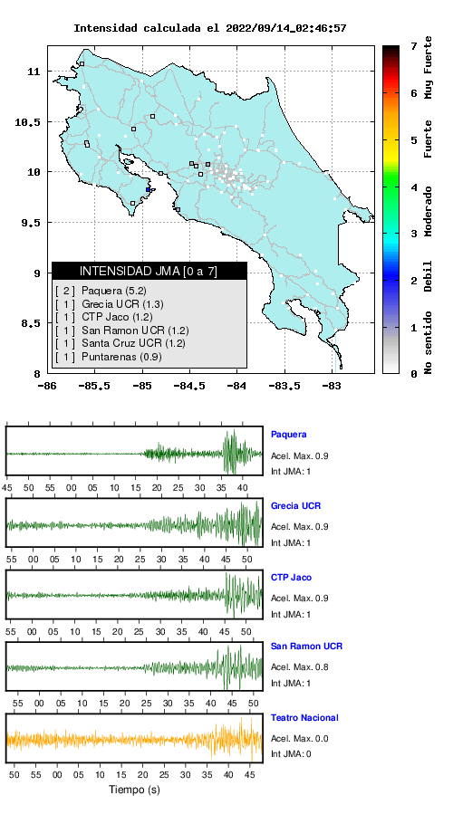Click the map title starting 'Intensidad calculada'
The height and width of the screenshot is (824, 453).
tap(209, 28)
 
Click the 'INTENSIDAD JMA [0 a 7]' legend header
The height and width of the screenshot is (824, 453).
tap(149, 271)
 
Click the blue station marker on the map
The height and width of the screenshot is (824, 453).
tap(149, 190)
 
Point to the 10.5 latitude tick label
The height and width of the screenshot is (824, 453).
tap(28, 122)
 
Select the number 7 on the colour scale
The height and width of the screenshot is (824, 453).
tap(414, 47)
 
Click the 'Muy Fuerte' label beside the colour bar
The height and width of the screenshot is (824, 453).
tap(429, 67)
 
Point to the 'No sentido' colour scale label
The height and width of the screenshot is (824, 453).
tap(429, 342)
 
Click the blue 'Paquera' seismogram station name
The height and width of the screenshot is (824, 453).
tap(288, 435)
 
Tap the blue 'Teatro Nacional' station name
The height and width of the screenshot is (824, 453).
tap(304, 717)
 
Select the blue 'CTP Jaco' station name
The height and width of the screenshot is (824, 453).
tap(291, 578)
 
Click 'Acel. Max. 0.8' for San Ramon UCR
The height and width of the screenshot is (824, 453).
tap(300, 667)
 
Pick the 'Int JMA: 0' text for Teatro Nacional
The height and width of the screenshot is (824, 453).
tap(291, 754)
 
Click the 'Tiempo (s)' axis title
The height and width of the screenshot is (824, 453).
tap(134, 790)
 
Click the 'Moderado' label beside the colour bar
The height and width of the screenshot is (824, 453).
tap(429, 211)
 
